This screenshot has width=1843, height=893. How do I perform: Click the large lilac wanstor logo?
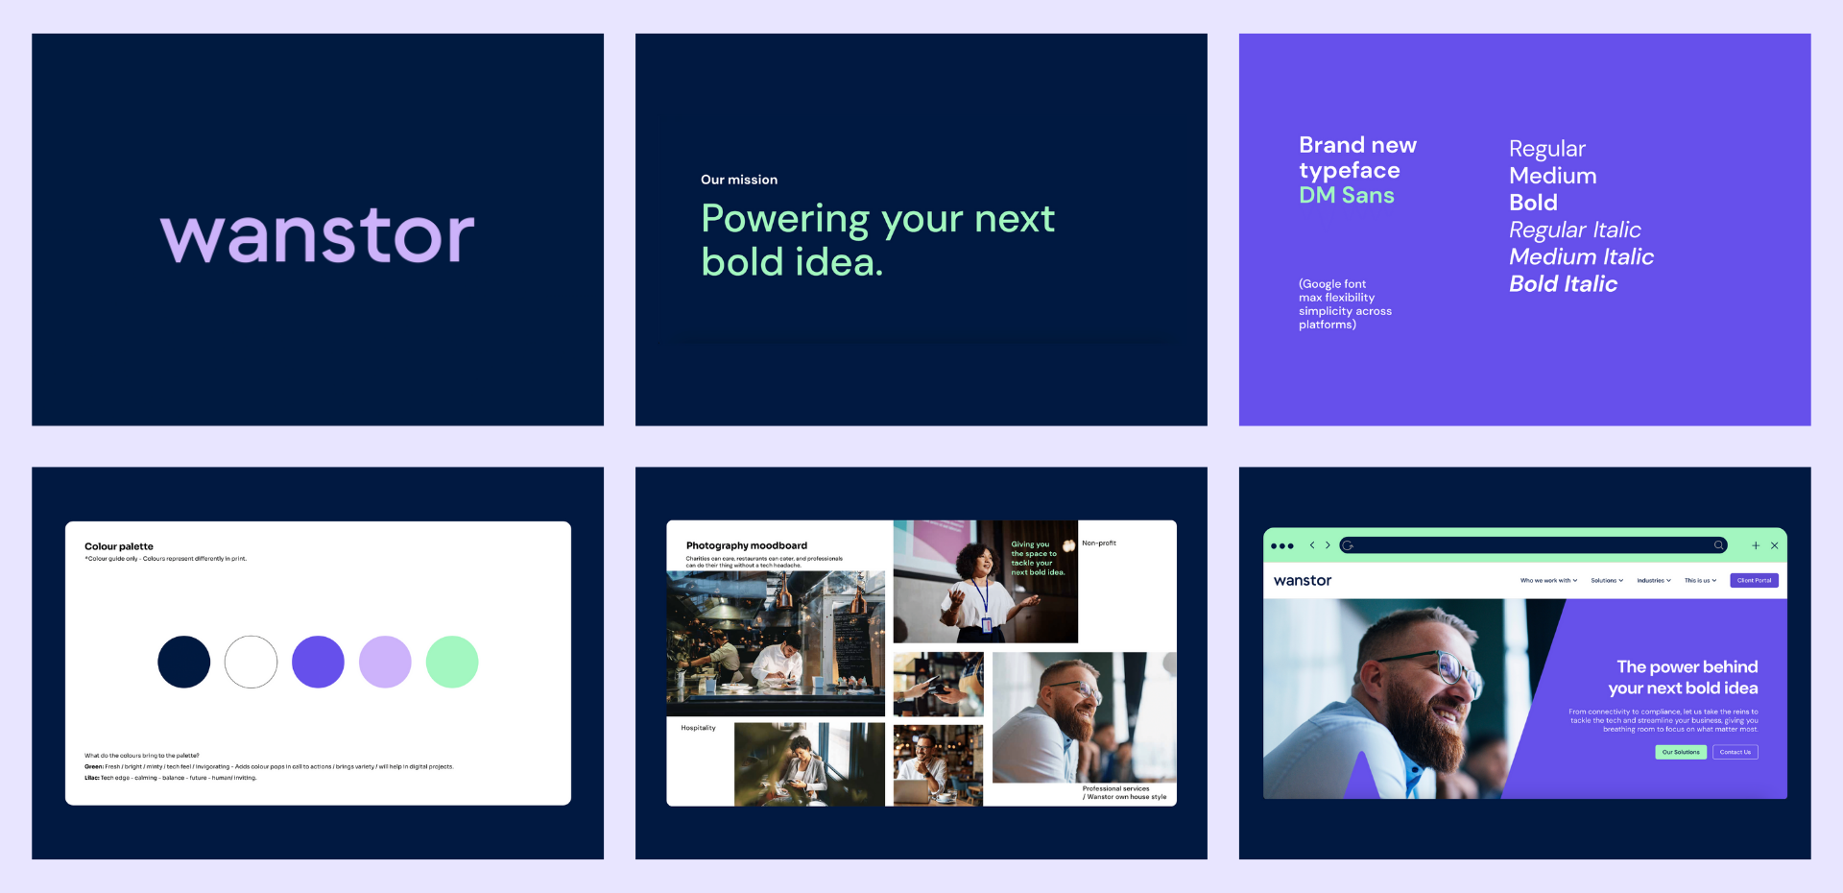tap(318, 235)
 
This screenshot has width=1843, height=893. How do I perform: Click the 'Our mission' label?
tap(739, 180)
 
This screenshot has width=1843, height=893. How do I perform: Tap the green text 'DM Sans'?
tap(1347, 196)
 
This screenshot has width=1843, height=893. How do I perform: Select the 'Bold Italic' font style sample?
tap(1563, 284)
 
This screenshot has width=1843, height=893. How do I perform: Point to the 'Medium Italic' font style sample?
tap(1581, 257)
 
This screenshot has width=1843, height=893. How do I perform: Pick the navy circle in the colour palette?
tap(184, 662)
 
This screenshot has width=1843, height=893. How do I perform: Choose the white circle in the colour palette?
tap(251, 662)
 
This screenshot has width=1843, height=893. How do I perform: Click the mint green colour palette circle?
tap(452, 662)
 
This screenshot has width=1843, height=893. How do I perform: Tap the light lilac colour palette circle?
tap(385, 662)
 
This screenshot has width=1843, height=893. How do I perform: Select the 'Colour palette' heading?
tap(119, 546)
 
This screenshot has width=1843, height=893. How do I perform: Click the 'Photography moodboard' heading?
tap(747, 545)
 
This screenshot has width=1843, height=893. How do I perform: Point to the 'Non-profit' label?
tap(1099, 543)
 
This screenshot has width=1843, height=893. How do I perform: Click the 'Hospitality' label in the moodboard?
tap(699, 728)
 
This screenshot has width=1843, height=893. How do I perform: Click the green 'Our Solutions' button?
tap(1681, 752)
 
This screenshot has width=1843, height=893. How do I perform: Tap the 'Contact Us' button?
tap(1735, 752)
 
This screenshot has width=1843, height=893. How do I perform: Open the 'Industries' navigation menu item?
tap(1653, 580)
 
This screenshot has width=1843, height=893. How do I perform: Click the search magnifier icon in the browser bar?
tap(1718, 545)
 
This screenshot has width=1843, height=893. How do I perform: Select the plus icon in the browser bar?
tap(1756, 545)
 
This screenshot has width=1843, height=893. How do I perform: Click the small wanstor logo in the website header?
tap(1303, 581)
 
